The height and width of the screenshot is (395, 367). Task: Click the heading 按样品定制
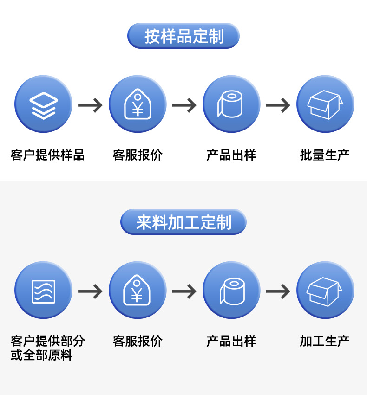[183, 36]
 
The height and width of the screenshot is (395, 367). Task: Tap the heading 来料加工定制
[183, 222]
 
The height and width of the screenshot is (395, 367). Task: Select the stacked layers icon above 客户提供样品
[43, 104]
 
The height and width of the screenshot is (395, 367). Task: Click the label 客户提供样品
[47, 155]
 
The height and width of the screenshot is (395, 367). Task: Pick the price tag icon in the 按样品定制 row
[138, 104]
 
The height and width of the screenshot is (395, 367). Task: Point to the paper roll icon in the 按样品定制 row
[231, 104]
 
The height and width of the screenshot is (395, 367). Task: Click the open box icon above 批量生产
[325, 104]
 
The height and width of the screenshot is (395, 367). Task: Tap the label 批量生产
[325, 155]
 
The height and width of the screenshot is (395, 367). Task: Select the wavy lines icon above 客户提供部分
[43, 291]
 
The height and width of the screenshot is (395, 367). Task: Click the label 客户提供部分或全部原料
[47, 348]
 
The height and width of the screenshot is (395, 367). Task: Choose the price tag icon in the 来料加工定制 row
[138, 291]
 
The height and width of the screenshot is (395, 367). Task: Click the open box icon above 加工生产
[325, 291]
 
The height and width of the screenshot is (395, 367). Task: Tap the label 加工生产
[325, 341]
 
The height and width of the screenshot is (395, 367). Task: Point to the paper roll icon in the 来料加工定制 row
[231, 291]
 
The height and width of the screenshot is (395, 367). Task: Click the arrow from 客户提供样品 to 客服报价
[90, 105]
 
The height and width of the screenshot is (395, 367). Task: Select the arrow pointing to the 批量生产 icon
[278, 105]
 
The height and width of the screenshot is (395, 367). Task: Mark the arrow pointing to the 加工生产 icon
[278, 291]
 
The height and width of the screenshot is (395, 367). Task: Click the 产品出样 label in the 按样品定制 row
[231, 155]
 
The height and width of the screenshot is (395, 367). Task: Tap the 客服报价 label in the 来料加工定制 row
[138, 341]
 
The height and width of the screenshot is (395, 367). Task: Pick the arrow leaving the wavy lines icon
[90, 291]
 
